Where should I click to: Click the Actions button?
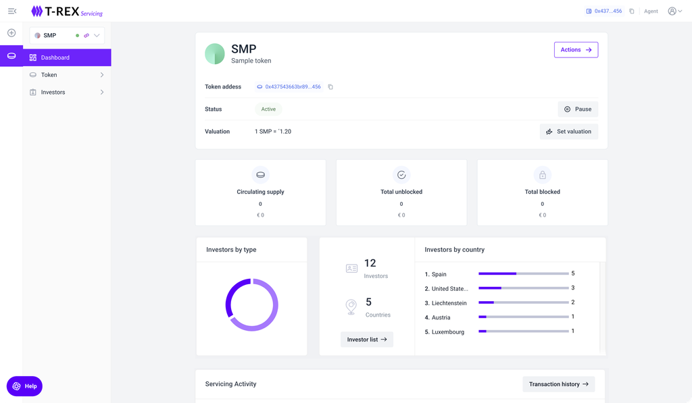point(576,50)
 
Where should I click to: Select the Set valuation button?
point(568,132)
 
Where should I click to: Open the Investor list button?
point(367,340)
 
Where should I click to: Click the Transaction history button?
point(558,384)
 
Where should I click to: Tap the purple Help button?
point(24,386)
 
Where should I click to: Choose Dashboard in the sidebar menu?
point(67,57)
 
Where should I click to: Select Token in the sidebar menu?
point(66,75)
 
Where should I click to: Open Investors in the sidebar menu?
point(66,92)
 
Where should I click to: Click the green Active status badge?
point(268,109)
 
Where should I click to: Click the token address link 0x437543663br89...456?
point(293,87)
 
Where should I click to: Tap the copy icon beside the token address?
point(330,87)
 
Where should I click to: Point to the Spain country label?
point(439,274)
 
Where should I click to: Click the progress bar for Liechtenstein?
point(524,302)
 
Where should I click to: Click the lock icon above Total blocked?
point(542,176)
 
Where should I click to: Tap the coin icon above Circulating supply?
point(260,176)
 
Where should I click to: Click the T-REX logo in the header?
point(66,11)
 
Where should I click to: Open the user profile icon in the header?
point(672,11)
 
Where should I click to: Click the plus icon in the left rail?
point(11,33)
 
